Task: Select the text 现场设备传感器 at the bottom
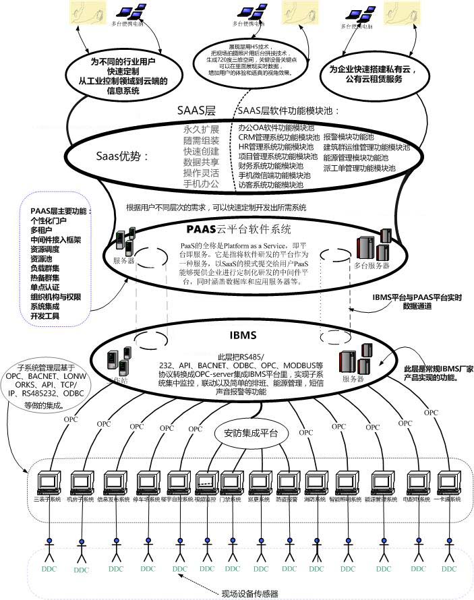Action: coord(250,593)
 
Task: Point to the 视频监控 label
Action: coord(206,500)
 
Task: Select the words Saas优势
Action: coord(121,156)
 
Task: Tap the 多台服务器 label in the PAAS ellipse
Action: coord(372,266)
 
